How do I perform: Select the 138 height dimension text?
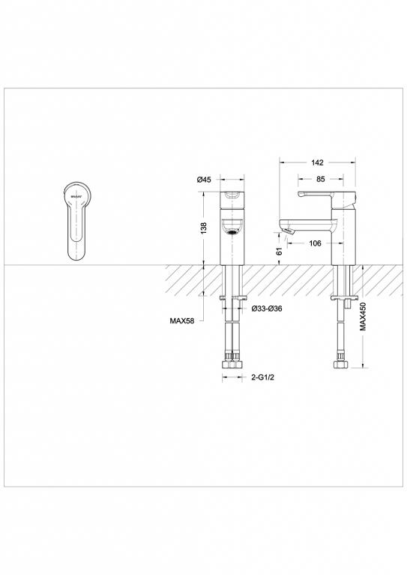(x=203, y=228)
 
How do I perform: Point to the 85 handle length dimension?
(x=320, y=180)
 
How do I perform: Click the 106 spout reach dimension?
(x=316, y=243)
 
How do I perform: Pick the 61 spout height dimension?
(x=280, y=253)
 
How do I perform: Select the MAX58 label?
(x=183, y=321)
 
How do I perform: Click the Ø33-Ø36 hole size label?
(x=266, y=308)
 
